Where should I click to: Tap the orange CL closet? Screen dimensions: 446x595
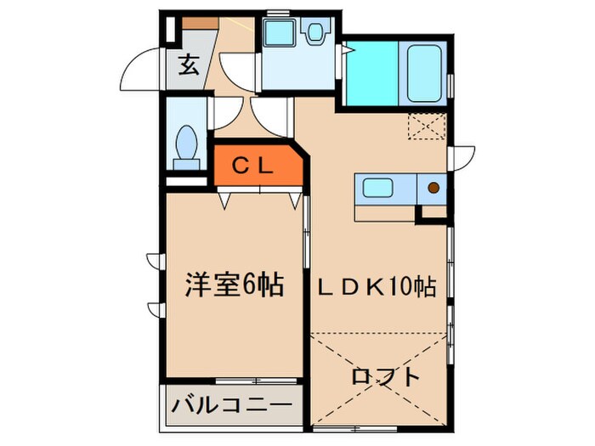254,167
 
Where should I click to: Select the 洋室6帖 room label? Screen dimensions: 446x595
234,285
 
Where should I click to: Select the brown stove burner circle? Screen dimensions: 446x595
433,188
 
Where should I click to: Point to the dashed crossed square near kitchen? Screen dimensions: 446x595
427,126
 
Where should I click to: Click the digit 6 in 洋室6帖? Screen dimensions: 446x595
248,285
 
